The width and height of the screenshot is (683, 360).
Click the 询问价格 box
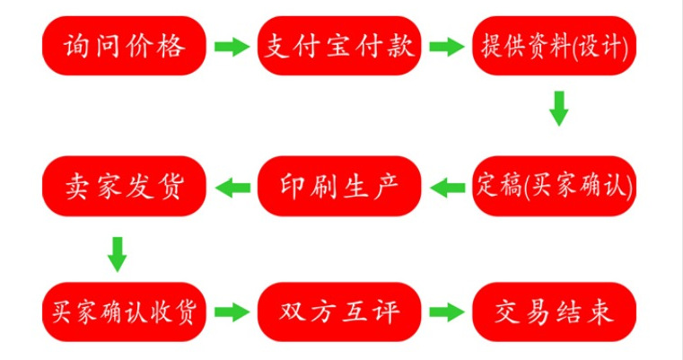click(x=125, y=46)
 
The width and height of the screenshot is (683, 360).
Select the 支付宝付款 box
click(x=339, y=46)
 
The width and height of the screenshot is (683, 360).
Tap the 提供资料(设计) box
click(x=554, y=46)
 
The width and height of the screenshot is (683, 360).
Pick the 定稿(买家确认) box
click(x=554, y=187)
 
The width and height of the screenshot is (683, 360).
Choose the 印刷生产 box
click(x=339, y=187)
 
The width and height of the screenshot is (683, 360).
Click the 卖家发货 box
click(x=125, y=187)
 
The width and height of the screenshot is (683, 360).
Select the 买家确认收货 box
click(x=125, y=312)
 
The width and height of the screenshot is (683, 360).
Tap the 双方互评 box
click(x=339, y=312)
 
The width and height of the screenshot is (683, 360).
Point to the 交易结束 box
click(x=554, y=312)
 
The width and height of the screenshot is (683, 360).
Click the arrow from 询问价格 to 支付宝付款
click(x=232, y=47)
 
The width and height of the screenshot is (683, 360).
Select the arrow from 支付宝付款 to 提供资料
click(x=446, y=47)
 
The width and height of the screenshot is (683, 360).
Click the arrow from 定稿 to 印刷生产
click(x=446, y=188)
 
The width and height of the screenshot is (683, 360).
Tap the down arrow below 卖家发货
click(x=117, y=254)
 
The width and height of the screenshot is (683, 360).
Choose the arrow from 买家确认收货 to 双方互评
click(x=232, y=312)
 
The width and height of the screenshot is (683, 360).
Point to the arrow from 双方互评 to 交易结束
click(x=446, y=312)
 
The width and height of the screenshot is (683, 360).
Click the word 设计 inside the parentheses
click(x=604, y=46)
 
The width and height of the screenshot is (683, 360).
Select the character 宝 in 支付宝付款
click(x=339, y=46)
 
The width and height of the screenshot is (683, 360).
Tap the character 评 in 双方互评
click(x=382, y=312)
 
